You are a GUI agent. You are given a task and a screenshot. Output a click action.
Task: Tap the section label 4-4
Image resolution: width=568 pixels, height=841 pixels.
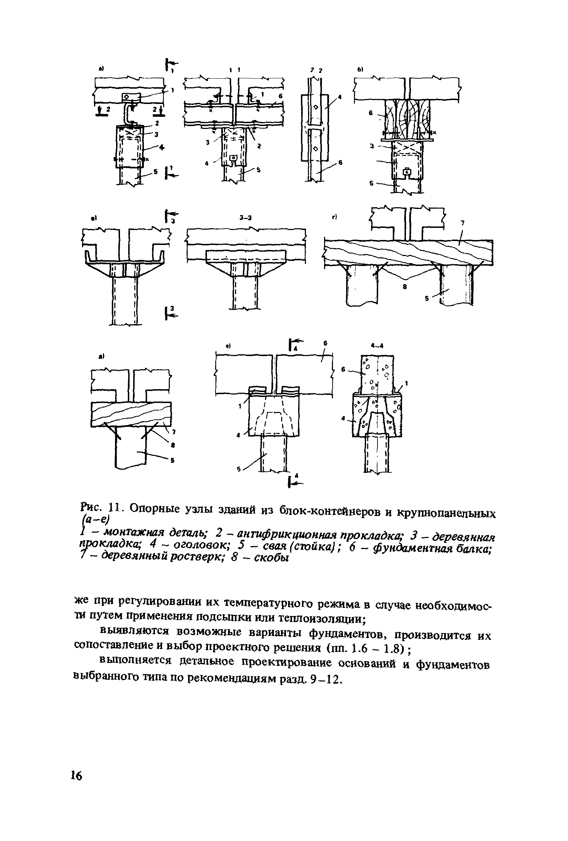click(377, 346)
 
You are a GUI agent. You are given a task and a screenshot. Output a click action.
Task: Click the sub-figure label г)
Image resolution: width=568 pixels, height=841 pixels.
click(334, 217)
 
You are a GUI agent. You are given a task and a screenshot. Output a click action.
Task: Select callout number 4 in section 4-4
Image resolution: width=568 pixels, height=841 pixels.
click(343, 418)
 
